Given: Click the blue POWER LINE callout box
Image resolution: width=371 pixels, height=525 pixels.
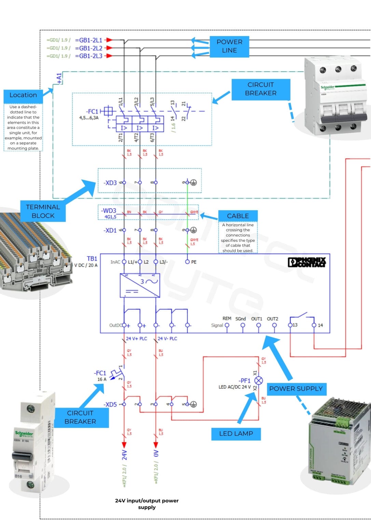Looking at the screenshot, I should pos(229,46).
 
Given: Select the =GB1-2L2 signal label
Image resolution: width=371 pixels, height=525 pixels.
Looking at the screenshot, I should pos(88,48).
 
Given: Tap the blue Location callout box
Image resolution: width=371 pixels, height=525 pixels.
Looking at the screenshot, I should pos(23,95).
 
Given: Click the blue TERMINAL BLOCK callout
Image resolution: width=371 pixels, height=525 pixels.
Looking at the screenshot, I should pos(43,211).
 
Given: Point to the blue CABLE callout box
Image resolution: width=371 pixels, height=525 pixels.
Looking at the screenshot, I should pos(238,216).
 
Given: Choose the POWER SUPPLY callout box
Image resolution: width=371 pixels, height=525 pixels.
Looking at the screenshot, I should pos(296,389).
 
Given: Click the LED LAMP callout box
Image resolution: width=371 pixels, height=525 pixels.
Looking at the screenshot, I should pos(236,433).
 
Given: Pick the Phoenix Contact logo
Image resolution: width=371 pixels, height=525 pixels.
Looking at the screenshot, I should pos(307,262).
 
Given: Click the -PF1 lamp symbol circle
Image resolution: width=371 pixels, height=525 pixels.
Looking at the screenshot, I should pos(259,380).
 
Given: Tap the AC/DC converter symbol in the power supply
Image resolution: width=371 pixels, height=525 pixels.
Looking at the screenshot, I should pos(140,285).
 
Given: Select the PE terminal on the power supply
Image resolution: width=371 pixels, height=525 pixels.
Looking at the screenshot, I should pos(187,262).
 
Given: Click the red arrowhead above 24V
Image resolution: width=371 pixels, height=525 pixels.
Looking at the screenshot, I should pos(124,444).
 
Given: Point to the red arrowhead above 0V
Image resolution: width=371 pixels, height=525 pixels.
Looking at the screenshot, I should pos(156,444).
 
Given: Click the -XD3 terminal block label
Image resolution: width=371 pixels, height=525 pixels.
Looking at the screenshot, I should pos(110,183).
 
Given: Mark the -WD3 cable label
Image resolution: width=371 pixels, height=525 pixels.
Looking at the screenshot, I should pos(109,211).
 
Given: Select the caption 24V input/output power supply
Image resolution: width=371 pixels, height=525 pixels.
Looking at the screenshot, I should pos(147,504).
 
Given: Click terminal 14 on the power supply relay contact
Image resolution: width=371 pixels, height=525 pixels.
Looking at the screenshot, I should pos(314,325).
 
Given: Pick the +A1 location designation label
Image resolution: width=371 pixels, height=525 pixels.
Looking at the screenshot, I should pos(59,78).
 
